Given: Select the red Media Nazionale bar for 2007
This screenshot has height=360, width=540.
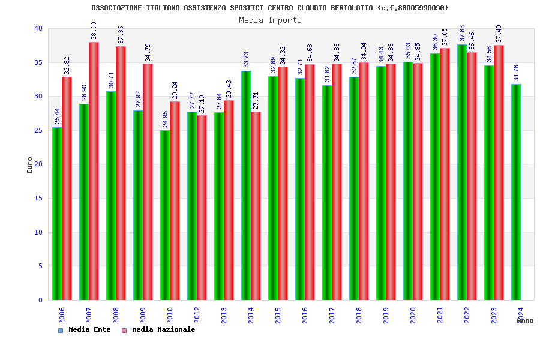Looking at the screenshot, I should (94, 171).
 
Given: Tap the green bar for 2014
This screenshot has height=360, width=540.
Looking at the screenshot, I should (246, 185).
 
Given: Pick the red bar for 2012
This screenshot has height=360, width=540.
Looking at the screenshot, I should (202, 208).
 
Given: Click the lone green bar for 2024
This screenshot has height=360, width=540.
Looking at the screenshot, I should (516, 192).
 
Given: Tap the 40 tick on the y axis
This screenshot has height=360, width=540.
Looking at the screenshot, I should (38, 28).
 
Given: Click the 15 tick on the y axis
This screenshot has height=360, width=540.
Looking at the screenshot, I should (38, 198).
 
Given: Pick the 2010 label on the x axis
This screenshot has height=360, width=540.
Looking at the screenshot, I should (170, 315).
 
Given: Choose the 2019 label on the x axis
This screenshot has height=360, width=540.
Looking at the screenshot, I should (386, 315).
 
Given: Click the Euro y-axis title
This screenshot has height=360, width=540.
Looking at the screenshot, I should (30, 165).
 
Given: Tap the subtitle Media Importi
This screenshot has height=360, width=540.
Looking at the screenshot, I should (270, 20).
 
